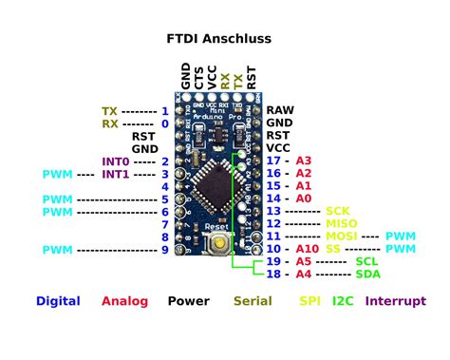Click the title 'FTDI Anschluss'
(x=219, y=39)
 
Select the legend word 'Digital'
(x=58, y=301)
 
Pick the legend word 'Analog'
(x=124, y=301)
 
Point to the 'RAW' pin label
(x=279, y=111)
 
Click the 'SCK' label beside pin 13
(x=338, y=211)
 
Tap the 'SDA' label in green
(x=366, y=274)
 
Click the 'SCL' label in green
(x=366, y=260)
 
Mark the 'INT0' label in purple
(x=116, y=162)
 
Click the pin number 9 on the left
(x=164, y=249)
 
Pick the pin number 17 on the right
(x=274, y=161)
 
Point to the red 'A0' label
(x=304, y=199)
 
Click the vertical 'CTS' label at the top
(x=198, y=77)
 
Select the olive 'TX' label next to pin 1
(x=110, y=111)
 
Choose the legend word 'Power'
(x=188, y=301)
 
